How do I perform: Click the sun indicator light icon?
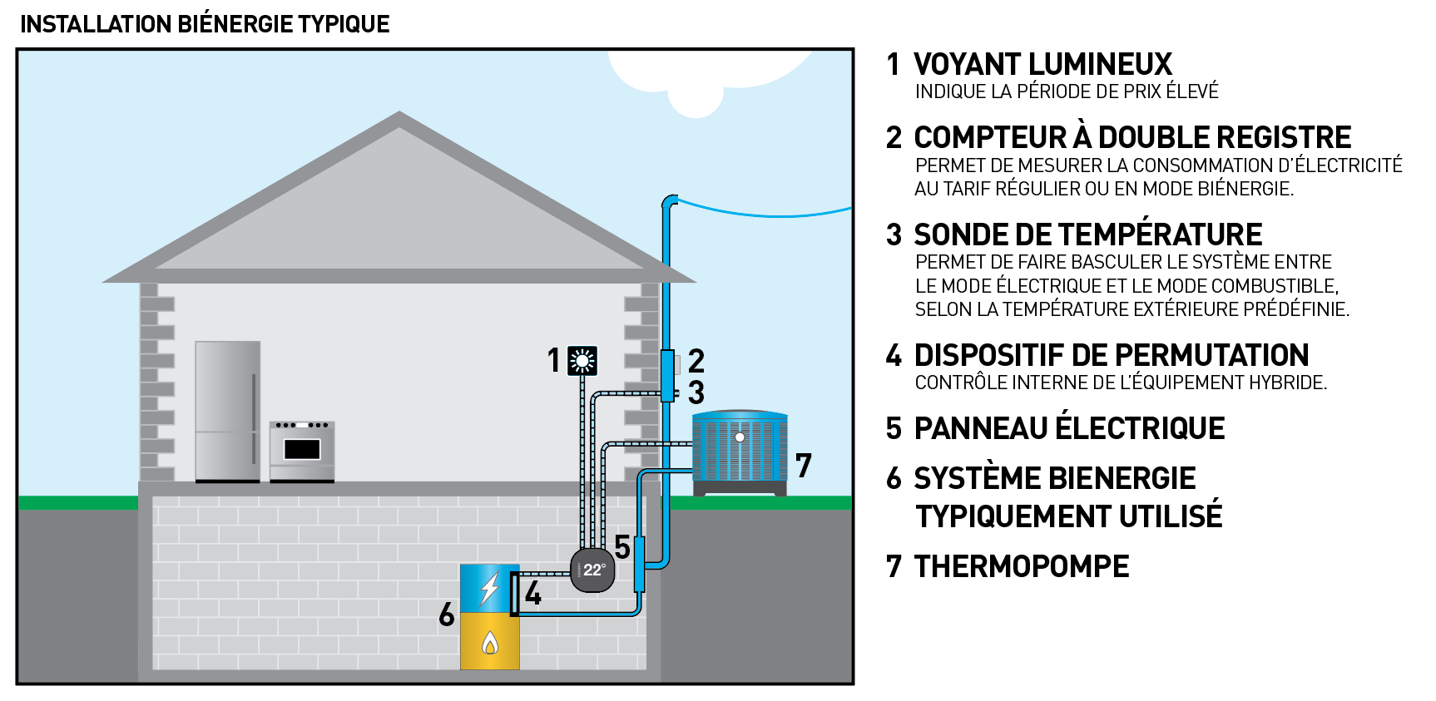point(582,361)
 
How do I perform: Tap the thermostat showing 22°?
point(592,570)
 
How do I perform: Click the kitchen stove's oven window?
point(302,449)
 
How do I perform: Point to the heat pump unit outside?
point(740,449)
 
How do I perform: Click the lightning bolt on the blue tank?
point(489,589)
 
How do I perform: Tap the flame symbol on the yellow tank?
point(490,643)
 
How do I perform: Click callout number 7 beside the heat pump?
point(803,466)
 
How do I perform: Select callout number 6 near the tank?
point(447,615)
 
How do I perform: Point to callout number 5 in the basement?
point(622,547)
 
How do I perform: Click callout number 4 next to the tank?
point(533,594)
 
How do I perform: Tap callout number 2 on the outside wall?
point(696,361)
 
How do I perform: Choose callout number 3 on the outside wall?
point(696,392)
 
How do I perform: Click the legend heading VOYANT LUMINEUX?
point(1042,65)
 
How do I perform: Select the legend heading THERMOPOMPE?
point(1022,567)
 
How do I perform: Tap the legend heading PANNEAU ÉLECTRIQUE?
point(1069,429)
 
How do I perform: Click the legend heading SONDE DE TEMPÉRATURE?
point(1087,235)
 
